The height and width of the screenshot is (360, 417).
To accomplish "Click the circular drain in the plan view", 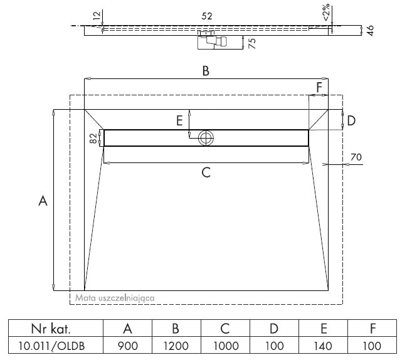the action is (x=206, y=138).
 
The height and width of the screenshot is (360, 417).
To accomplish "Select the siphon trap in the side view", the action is (x=212, y=40).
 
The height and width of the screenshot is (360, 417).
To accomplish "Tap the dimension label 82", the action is (x=93, y=138).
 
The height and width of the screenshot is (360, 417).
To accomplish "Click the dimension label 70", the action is (x=356, y=157).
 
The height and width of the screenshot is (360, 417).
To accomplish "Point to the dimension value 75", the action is (x=252, y=43).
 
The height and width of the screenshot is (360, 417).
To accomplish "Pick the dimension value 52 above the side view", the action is (x=207, y=16).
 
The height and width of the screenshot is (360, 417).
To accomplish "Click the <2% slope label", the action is (x=326, y=12).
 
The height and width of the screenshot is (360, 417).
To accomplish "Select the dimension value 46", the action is (x=370, y=30).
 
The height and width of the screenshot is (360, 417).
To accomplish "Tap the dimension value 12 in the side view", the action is (x=98, y=15).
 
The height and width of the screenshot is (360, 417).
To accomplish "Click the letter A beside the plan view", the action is (x=43, y=200).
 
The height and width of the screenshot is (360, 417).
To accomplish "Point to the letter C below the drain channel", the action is (x=206, y=172).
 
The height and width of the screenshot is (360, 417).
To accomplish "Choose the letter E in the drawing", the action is (x=179, y=120).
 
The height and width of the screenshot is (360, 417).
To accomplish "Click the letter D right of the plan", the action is (x=351, y=120).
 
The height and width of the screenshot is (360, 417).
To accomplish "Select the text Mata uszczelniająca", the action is (x=115, y=298).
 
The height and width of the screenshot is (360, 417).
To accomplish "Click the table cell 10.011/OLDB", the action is (x=56, y=345).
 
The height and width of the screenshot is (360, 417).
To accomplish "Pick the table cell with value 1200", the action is (x=176, y=345).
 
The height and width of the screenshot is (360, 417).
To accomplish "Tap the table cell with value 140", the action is (x=323, y=345).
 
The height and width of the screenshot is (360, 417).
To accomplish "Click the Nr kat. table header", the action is (x=56, y=329).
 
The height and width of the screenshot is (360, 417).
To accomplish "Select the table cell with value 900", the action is (x=128, y=345).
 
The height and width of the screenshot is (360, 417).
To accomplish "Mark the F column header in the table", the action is (x=372, y=329).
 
